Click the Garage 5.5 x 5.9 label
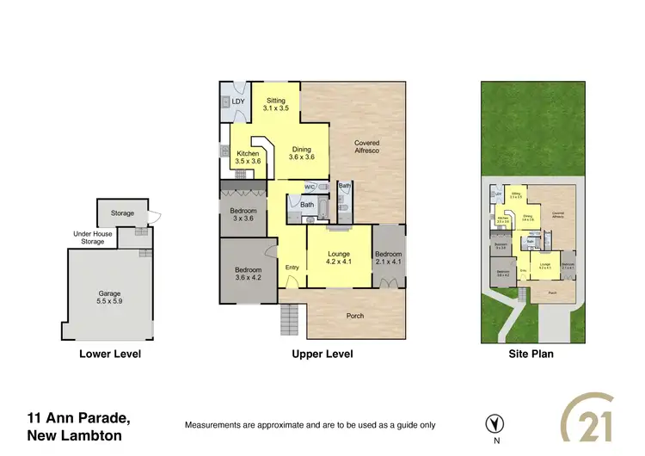109,299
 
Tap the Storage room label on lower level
122,213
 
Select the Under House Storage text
93,237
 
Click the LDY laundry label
238,102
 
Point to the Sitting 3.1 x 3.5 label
275,106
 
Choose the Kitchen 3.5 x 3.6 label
248,157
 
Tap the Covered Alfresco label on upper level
367,147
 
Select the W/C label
310,187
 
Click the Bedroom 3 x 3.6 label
243,214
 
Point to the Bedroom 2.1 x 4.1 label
388,258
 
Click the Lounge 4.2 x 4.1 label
338,258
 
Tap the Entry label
292,267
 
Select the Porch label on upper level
354,316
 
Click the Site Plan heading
530,354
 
